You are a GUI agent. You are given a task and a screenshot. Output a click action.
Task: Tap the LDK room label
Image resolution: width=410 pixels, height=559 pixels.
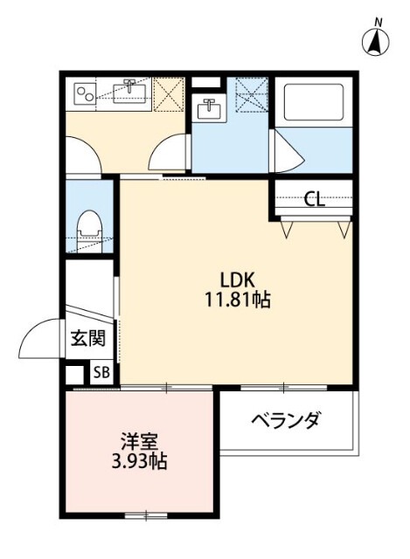[x=236, y=281]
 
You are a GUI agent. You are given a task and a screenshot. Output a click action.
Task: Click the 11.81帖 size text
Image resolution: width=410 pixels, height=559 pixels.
[x=236, y=301]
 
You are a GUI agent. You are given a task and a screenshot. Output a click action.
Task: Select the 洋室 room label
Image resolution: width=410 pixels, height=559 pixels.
[x=138, y=440]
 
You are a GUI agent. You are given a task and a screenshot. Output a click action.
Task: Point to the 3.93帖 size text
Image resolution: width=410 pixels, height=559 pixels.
[x=138, y=460]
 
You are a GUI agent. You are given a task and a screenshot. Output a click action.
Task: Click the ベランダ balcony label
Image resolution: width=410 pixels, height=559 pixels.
[x=286, y=421]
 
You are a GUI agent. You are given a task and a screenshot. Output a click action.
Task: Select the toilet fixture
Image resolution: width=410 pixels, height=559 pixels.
[x=88, y=227]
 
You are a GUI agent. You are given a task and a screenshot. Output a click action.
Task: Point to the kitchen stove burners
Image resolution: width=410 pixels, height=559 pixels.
[x=84, y=91]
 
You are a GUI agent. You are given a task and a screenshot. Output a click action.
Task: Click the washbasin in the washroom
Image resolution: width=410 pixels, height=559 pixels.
[x=209, y=108]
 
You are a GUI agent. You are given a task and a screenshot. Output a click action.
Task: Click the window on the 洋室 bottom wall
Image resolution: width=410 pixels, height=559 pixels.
[x=140, y=515]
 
